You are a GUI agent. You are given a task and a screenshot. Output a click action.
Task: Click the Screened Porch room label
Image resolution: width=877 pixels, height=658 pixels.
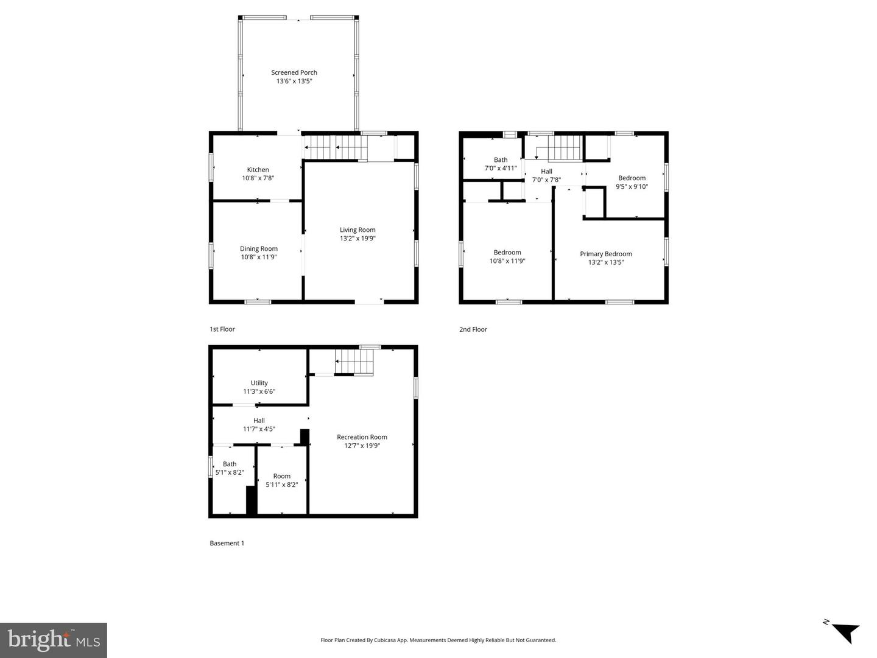tap(294, 72)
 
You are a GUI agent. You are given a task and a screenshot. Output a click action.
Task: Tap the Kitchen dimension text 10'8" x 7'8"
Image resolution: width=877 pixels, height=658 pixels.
tap(258, 178)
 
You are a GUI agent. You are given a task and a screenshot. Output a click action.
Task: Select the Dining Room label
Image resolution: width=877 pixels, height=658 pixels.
tap(259, 248)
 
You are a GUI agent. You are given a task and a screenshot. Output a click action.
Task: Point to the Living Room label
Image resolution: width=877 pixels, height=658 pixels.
tap(357, 230)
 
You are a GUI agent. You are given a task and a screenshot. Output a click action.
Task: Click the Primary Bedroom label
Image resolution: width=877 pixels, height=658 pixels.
tap(605, 254)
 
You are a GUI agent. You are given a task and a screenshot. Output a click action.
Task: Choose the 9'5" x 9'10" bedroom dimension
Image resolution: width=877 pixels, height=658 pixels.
tap(632, 187)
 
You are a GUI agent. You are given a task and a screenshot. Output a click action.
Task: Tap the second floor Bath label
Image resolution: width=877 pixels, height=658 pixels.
tap(501, 160)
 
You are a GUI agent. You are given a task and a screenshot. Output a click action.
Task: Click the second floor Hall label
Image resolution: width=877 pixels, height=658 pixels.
tap(546, 172)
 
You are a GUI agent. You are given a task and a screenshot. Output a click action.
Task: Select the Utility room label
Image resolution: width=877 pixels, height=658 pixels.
tap(259, 383)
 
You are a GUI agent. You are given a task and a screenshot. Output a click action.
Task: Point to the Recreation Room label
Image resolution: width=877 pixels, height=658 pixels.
tap(362, 437)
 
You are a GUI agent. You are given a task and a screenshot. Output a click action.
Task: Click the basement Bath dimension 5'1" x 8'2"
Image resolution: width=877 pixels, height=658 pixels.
tap(230, 472)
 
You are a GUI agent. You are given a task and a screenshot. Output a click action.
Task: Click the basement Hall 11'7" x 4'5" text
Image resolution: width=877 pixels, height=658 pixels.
tap(259, 429)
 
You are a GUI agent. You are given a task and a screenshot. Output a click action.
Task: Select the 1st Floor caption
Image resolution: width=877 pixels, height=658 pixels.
tap(222, 329)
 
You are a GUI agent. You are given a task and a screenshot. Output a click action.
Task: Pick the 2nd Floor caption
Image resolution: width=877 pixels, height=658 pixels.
tap(473, 329)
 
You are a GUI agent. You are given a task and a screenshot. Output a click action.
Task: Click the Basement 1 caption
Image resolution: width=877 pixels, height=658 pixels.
tap(227, 543)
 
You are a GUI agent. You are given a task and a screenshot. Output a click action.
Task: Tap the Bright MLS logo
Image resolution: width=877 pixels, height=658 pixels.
tap(54, 640)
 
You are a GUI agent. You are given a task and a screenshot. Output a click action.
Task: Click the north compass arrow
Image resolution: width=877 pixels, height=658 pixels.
tap(844, 632)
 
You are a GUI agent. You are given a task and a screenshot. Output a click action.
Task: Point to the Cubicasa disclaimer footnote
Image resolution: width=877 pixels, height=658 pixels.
tap(438, 640)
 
